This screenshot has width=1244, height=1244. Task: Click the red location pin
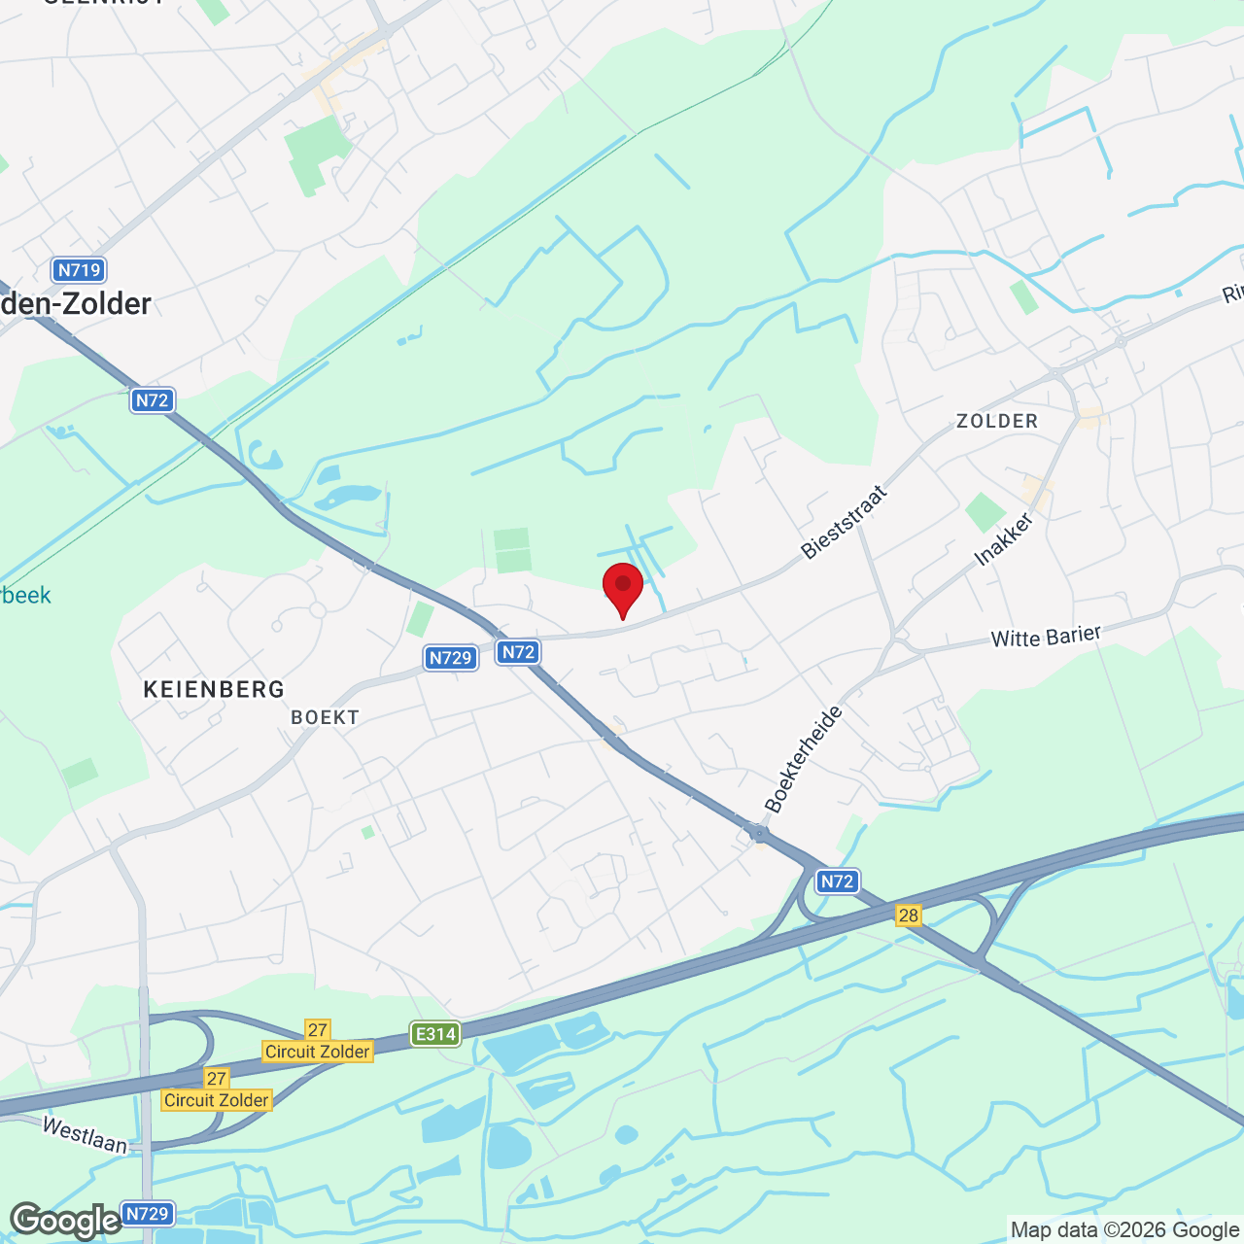[623, 587]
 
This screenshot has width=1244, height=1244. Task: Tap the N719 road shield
[79, 270]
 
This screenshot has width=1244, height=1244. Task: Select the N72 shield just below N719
[153, 399]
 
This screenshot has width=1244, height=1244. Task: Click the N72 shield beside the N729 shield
[518, 652]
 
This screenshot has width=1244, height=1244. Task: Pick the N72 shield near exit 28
[837, 881]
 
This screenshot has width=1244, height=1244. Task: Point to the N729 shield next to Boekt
[451, 658]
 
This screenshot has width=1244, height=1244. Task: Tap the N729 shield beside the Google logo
[148, 1214]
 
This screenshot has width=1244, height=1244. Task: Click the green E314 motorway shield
[434, 1034]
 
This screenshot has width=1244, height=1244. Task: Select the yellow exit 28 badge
[909, 915]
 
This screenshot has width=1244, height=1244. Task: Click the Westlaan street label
[86, 1134]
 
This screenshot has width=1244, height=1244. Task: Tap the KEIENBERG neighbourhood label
[214, 690]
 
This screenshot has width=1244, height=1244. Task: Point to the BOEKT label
[326, 717]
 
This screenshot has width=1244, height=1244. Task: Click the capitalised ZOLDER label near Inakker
[997, 421]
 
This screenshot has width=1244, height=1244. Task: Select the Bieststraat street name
[844, 522]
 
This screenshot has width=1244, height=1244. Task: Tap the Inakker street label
[1004, 539]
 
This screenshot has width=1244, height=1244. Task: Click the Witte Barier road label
[1046, 637]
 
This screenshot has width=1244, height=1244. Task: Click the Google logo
[65, 1221]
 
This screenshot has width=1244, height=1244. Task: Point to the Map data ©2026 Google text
[1124, 1230]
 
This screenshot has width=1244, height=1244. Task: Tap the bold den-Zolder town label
[76, 304]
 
